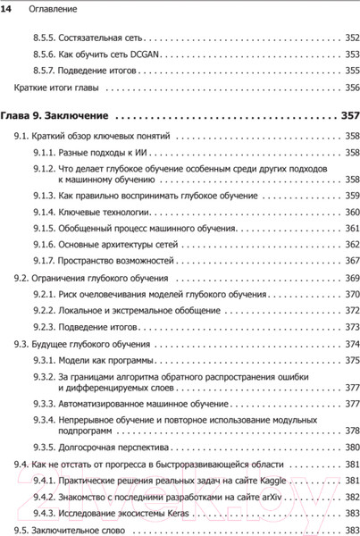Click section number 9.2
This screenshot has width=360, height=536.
point(20,280)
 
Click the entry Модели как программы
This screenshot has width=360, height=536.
point(105,361)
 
